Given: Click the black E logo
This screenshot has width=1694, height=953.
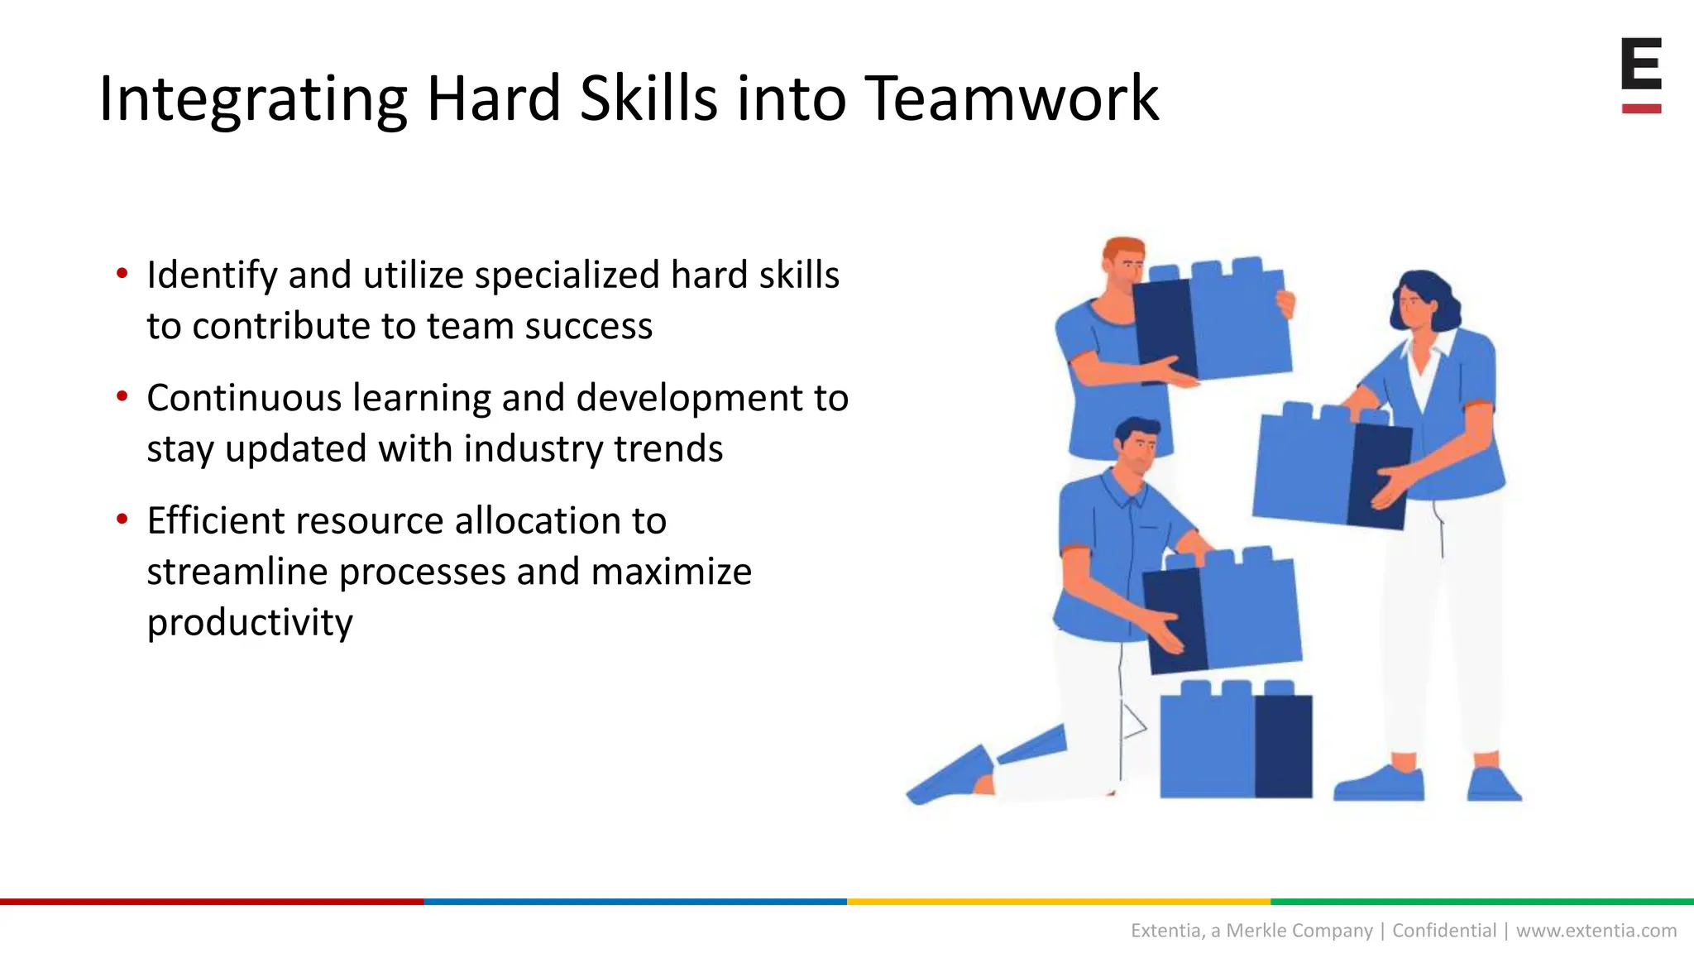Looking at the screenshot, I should click(1641, 65).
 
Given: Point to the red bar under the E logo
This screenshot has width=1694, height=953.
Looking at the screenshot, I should click(1641, 108).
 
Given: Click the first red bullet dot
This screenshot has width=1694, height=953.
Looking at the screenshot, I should click(122, 274).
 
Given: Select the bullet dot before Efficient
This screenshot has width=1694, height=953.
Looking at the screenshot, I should click(122, 520).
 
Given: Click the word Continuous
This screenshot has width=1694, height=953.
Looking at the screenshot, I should click(244, 398).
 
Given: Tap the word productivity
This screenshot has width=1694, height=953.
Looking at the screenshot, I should click(250, 623).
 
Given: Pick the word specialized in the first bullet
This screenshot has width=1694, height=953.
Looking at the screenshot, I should click(567, 275).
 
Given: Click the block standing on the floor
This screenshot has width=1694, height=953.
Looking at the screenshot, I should click(1235, 742).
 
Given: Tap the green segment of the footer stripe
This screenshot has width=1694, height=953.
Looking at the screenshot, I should click(1481, 902).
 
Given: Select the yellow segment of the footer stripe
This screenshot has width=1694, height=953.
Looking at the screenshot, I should click(1058, 902).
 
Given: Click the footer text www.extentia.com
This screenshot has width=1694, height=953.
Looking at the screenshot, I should click(1596, 931).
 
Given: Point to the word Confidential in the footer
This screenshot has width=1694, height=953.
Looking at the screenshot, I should click(1444, 931).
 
